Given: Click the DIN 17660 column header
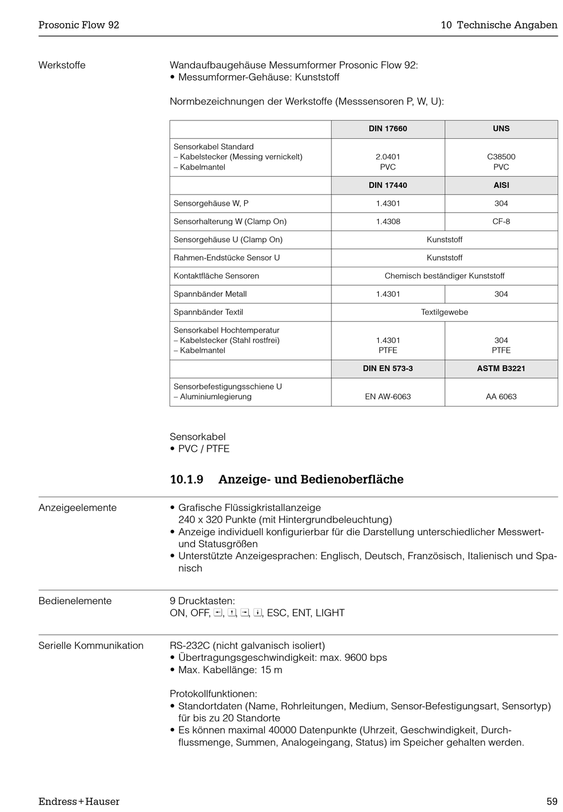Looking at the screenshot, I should coord(388,129).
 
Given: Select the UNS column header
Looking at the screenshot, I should coord(501,129).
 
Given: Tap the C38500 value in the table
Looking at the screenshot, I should coord(501,157).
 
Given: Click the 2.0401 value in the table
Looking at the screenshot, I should coord(388,157).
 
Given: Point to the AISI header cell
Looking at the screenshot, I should coord(501,186).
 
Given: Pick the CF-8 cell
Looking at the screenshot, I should coord(501,222).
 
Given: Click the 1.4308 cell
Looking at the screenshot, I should coord(388,222).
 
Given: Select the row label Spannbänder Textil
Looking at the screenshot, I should coord(208,312).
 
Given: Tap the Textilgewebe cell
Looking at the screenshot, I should coord(444,312).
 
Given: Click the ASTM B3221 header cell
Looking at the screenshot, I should coord(501,369).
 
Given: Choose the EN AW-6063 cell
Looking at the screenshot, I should coord(388,397).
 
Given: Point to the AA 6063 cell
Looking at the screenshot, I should coord(501,397).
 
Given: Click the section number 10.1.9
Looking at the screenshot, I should coord(186,479).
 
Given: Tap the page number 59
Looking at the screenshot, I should coord(552,802).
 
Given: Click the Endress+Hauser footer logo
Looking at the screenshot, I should coord(79,802).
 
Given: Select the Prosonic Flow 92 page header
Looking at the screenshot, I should coord(79,25).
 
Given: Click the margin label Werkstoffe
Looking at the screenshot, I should coord(62,65).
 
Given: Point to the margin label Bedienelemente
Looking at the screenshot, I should coord(75,601).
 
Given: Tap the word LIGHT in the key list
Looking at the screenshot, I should coord(330,613).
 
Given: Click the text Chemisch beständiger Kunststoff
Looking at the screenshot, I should coord(444,276).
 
